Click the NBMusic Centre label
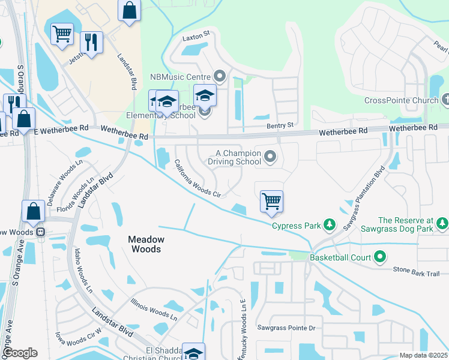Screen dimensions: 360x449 [x=180, y=76]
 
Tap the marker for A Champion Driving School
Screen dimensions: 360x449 [x=270, y=157]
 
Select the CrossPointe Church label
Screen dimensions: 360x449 [x=402, y=100]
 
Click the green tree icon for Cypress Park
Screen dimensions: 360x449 [x=329, y=226]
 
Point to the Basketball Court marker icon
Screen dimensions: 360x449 [x=379, y=257]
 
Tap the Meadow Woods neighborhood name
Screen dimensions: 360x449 [x=145, y=244]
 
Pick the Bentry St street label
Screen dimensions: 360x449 [x=281, y=125]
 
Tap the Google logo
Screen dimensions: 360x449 [x=20, y=352]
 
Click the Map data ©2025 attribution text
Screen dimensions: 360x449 [x=423, y=355]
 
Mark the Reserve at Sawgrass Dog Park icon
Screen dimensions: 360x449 [x=442, y=224]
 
